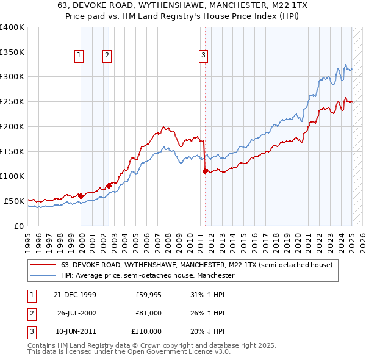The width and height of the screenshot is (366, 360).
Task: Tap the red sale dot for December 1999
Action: click(81, 196)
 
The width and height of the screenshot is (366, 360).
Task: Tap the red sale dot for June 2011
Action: click(205, 171)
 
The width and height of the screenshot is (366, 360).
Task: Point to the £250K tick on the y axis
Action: click(13, 101)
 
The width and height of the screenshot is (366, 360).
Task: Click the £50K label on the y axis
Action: click(13, 201)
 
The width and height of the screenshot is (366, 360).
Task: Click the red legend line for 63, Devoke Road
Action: click(43, 265)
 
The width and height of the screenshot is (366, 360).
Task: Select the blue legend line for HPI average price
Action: click(43, 276)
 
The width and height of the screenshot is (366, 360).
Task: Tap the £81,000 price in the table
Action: click(148, 313)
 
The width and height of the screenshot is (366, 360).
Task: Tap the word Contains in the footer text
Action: click(42, 345)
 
